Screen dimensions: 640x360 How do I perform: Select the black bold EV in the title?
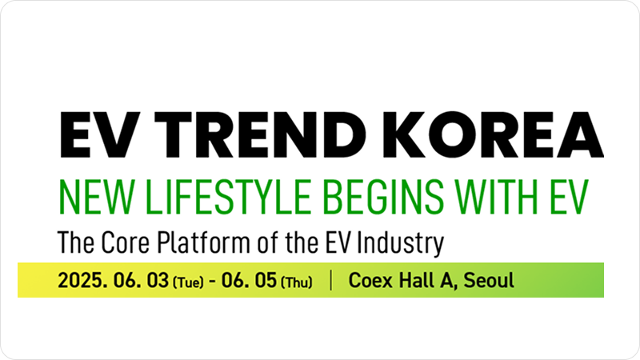[x=100, y=134]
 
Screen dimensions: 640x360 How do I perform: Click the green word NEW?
[x=96, y=197]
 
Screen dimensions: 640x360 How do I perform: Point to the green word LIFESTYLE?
[x=229, y=197]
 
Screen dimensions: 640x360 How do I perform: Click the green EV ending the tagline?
[x=569, y=197]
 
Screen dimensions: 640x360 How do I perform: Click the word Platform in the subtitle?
[x=203, y=242]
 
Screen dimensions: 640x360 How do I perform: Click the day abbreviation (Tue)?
[x=188, y=282]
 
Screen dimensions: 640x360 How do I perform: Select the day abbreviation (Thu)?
[x=297, y=282]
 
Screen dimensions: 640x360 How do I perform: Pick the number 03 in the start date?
[x=158, y=281]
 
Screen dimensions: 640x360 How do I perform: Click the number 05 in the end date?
[x=266, y=281]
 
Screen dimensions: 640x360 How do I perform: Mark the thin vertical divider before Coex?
[x=330, y=281]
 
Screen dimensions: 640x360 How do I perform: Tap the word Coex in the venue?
[x=370, y=281]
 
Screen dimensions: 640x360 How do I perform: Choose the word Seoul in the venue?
[x=489, y=281]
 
